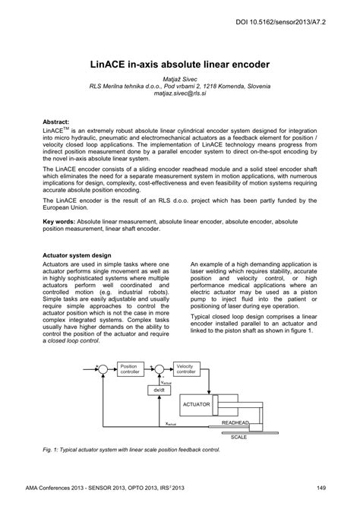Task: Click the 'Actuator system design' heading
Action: click(x=77, y=254)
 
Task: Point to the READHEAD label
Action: click(x=235, y=422)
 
